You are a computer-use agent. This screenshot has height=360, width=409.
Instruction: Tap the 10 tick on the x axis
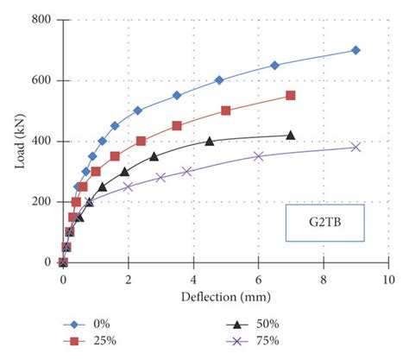tap(388, 280)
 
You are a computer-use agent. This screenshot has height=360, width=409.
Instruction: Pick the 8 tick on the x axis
tap(324, 280)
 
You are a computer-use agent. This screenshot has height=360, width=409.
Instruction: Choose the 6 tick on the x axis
tap(258, 280)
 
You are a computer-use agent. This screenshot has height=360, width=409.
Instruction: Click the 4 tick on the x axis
tap(193, 280)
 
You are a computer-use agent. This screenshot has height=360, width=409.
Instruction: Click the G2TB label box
tap(324, 223)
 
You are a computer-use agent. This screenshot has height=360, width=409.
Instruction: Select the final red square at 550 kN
tap(290, 95)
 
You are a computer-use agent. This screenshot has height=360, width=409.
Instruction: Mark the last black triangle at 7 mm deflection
tap(290, 135)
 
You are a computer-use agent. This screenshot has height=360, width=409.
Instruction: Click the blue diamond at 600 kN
tap(219, 80)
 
